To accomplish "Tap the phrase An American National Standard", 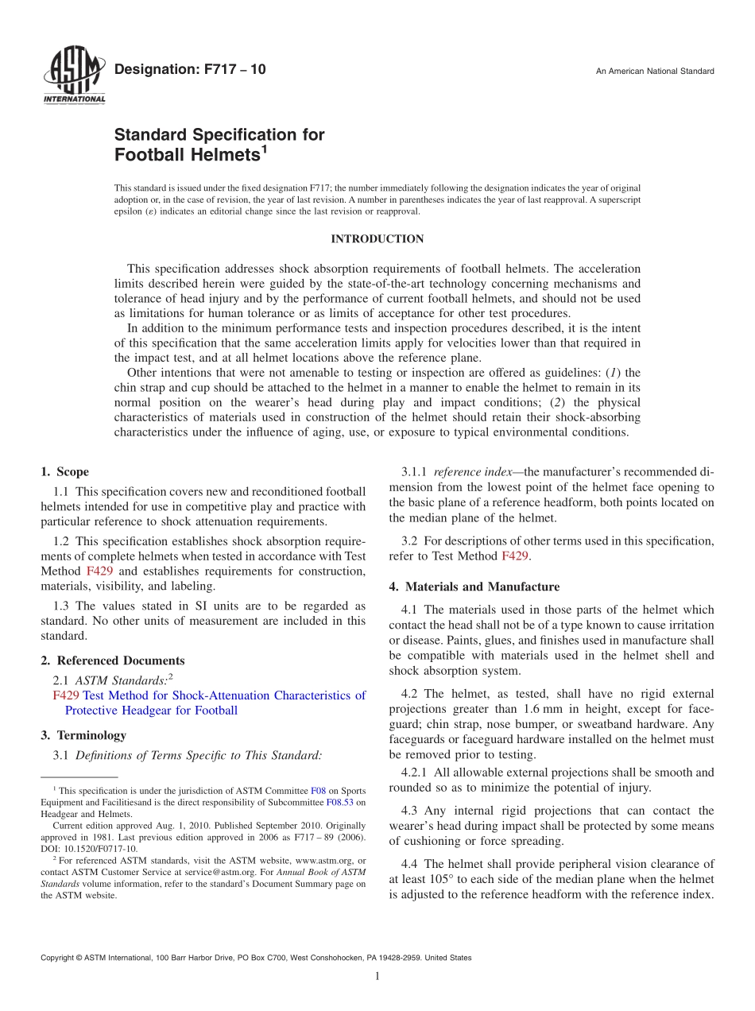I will coord(655,72).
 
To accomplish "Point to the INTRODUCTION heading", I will coord(377,239).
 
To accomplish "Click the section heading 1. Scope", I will coord(65,472).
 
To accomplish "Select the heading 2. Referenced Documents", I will coord(113,660).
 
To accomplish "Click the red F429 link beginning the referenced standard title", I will coord(65,695).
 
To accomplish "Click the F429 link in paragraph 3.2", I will coord(515,556).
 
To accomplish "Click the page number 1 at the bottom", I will coord(377,976).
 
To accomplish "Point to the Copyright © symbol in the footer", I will coord(77,958).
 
